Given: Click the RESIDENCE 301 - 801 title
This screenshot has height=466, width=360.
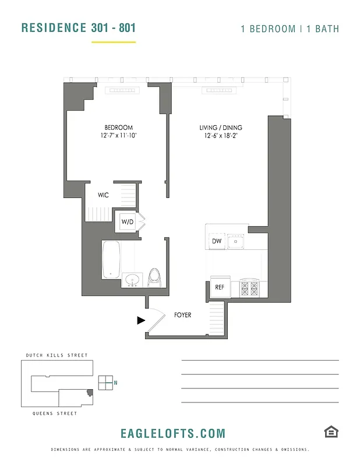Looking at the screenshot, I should click(79, 28).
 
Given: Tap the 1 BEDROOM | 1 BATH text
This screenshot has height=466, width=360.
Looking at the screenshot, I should click(290, 29).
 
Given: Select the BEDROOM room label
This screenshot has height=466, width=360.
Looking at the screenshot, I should click(119, 128).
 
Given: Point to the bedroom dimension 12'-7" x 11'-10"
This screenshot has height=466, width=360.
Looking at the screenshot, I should click(119, 136).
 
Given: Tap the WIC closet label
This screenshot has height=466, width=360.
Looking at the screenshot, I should click(103, 195).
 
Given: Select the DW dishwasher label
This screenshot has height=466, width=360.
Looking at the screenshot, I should click(216, 241).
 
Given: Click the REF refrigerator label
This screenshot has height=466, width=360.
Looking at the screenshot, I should click(220, 287).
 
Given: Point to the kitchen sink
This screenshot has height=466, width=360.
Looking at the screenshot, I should click(236, 240).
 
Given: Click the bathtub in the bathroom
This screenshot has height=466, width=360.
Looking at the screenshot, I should click(111, 260).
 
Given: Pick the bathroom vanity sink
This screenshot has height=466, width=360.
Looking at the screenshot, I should click(133, 280).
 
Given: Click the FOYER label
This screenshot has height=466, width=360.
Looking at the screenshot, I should click(182, 315).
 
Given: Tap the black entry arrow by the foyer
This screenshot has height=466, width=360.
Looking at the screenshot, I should click(140, 320).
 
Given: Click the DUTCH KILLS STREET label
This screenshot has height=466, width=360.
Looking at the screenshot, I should click(57, 355).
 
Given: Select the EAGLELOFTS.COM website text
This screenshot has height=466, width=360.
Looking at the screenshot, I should click(172, 433).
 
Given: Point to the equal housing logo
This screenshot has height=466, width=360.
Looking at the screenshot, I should click(331, 431).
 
